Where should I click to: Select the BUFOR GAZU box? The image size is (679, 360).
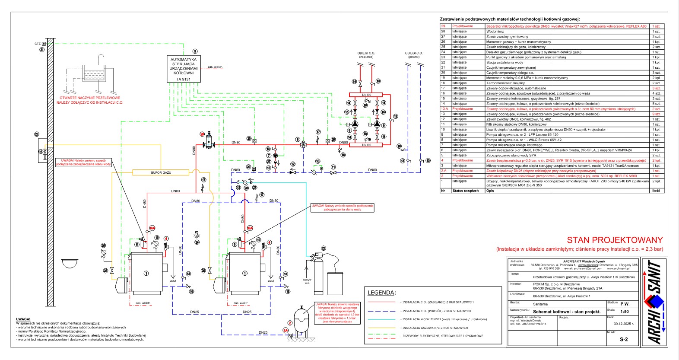pos(161,173)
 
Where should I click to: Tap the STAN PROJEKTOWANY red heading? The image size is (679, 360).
pos(615,240)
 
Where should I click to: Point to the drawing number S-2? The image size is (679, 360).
pos(624,339)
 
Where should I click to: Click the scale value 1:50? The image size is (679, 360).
pos(624,311)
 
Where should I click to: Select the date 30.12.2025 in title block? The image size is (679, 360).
pos(623,323)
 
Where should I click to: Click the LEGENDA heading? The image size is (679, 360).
pos(381,293)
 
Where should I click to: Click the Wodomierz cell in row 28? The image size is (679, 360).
pos(495,32)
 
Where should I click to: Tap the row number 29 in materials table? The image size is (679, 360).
pos(443,26)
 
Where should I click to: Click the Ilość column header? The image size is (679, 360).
pos(656,191)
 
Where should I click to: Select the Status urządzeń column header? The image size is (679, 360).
pos(465,191)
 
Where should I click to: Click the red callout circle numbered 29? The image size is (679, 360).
pos(202,134)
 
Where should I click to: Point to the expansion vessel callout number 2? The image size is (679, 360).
pos(290,323)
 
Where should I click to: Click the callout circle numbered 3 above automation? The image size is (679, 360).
pos(195,51)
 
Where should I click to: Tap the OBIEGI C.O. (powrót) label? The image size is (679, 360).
pos(413,55)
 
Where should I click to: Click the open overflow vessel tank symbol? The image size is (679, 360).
pos(95,73)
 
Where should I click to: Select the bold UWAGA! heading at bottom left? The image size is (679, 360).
pos(23,319)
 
